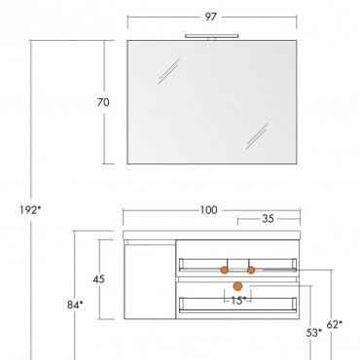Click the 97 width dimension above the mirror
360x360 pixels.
(x=210, y=17)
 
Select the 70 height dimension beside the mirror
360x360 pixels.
(x=103, y=102)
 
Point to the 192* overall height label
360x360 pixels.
(x=30, y=210)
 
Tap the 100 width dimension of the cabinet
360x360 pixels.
(x=208, y=210)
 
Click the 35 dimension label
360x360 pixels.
(x=268, y=219)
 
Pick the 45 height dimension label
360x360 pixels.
(x=99, y=279)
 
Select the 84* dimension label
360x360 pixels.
(x=75, y=305)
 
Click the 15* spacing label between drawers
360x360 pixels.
(x=238, y=301)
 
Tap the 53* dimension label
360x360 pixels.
(x=314, y=333)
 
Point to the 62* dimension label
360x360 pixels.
(x=335, y=324)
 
